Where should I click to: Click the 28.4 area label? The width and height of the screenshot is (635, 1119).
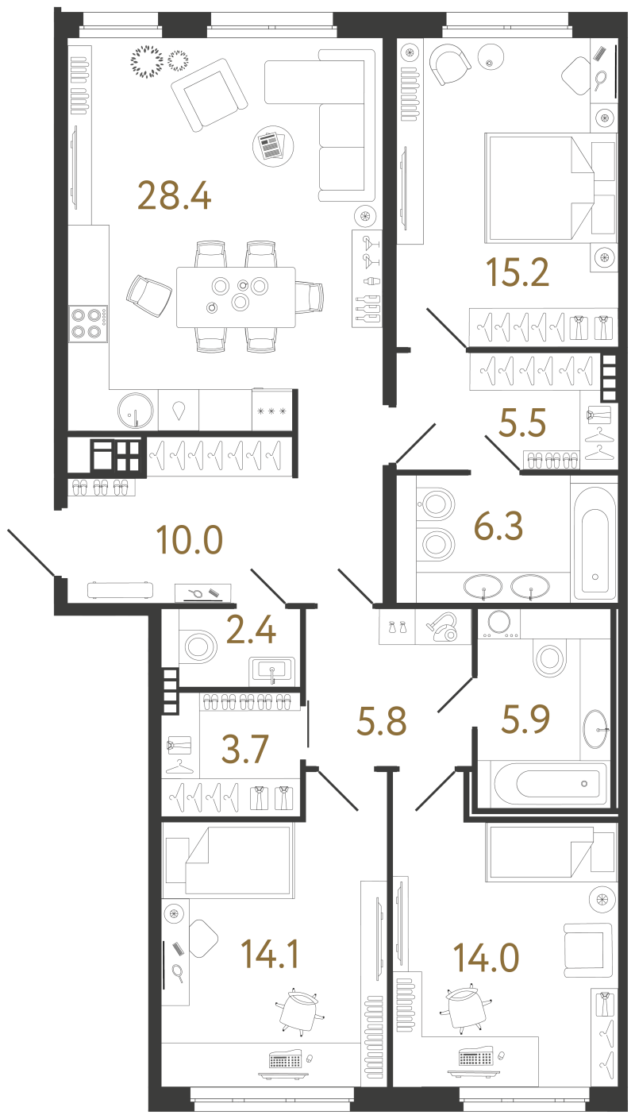[x=174, y=195]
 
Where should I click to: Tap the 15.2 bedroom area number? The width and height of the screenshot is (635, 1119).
[x=518, y=272]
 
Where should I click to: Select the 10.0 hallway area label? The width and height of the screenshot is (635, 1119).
[x=189, y=540]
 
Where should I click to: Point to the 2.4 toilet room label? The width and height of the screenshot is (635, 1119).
[x=251, y=630]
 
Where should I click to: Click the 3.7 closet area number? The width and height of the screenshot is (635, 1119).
[x=244, y=749]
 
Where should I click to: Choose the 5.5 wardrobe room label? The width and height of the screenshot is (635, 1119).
[x=522, y=423]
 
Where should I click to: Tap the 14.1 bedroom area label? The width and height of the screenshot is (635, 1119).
[x=270, y=954]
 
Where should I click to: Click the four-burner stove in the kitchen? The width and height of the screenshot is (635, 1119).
[x=88, y=324]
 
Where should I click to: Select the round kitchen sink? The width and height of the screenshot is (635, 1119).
[x=135, y=411]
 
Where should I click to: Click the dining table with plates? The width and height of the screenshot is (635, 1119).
[x=236, y=297]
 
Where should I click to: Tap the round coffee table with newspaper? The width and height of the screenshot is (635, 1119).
[x=272, y=146]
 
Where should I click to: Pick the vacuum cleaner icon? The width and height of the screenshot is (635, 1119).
[x=443, y=627]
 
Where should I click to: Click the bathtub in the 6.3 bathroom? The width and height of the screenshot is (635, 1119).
[x=595, y=542]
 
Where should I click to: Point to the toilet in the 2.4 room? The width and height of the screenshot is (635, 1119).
[x=198, y=646]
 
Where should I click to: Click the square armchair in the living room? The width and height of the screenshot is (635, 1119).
[x=210, y=95]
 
